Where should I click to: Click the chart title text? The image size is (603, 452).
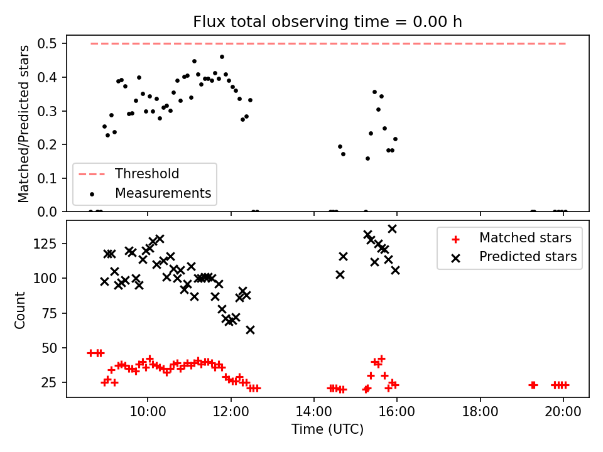coord(327,22)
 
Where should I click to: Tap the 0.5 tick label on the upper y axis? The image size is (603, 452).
coord(47,44)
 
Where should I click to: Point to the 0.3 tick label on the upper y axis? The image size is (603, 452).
coord(47,111)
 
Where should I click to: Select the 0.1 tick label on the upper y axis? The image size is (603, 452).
coord(47,178)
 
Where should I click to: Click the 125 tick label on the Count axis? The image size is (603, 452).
coord(45,244)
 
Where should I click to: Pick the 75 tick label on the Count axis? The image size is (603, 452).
coord(49,313)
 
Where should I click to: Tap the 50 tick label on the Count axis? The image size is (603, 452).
coord(49,348)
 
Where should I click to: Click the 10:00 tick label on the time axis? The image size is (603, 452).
coord(148,412)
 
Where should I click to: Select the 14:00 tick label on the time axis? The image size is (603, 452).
coord(314,412)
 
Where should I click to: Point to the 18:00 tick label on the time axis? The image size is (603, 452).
coord(480,412)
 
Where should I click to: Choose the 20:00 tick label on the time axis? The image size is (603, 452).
coord(563,412)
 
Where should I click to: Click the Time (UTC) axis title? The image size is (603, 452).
coord(327,429)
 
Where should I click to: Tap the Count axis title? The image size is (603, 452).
coord(19,310)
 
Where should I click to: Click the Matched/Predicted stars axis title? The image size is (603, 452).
coord(23,124)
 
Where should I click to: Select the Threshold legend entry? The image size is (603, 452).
coord(129,174)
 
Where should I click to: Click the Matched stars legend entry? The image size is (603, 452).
coord(511,238)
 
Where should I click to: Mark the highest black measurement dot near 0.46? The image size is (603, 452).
coord(222,57)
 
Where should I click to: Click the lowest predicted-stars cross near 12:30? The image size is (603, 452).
coord(251,330)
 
